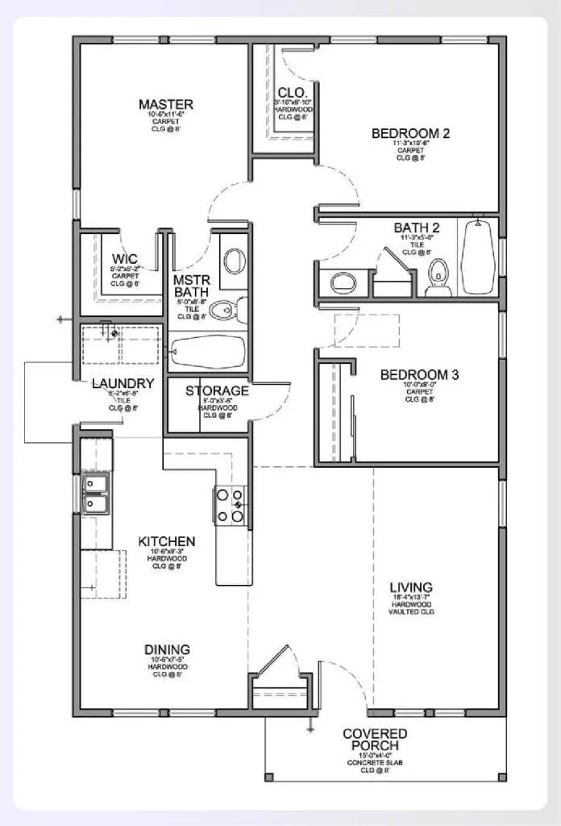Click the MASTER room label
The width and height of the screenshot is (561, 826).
point(165,105)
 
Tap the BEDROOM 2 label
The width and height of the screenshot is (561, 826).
point(410,133)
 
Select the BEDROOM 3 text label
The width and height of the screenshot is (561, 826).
point(419,374)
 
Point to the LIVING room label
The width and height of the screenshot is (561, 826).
point(411,587)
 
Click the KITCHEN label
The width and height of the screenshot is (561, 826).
point(167,540)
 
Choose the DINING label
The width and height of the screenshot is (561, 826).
point(167,649)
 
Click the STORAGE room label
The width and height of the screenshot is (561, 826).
point(217,391)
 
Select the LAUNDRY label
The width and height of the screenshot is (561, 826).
point(123,383)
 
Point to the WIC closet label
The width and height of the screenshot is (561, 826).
point(125,259)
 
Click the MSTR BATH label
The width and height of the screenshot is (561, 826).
point(192,286)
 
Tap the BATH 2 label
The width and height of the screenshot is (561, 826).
point(417,228)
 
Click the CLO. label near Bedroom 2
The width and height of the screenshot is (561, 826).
point(289,92)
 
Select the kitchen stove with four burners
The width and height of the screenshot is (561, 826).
point(230,507)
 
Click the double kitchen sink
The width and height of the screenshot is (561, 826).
point(96,494)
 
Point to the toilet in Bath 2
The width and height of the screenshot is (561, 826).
point(438,275)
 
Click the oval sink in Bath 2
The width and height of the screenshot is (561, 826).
point(343,282)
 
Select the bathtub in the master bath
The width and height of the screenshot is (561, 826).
point(207,352)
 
